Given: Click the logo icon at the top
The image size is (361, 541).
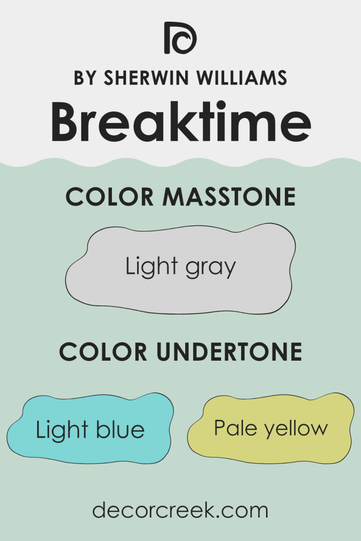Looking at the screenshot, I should coord(180,38).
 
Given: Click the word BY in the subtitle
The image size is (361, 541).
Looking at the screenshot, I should coord(85,78).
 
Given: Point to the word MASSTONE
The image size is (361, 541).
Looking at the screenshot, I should coord(229,197).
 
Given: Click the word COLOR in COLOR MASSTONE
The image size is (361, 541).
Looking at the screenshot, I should coord(110,197).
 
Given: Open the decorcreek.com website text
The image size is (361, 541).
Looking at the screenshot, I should coord(180,510).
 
